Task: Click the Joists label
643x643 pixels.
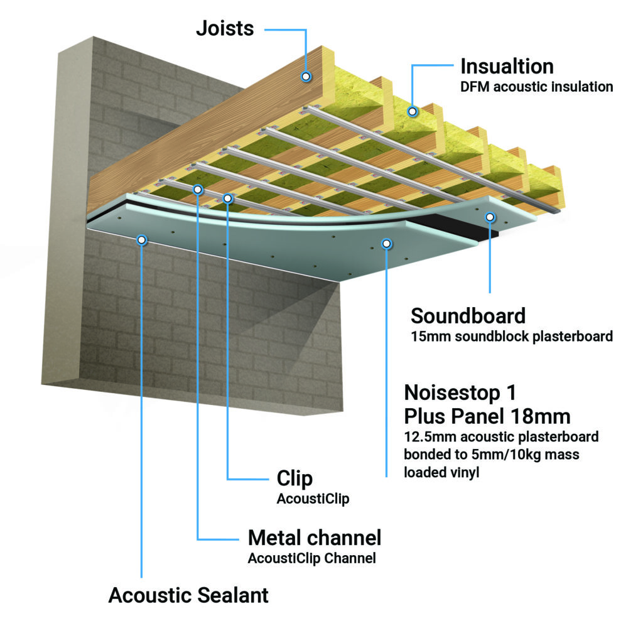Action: click(225, 28)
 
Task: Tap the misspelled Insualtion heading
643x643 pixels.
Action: click(507, 66)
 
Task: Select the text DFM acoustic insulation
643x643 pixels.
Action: click(536, 87)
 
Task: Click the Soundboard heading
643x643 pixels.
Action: click(468, 315)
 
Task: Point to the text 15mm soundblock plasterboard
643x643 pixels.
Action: click(511, 337)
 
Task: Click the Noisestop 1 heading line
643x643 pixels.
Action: click(460, 392)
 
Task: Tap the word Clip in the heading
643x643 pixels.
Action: click(294, 478)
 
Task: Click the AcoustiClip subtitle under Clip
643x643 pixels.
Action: click(313, 499)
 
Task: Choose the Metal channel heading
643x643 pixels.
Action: click(314, 538)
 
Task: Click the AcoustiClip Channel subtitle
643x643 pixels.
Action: click(311, 558)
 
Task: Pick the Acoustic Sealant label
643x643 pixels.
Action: click(188, 595)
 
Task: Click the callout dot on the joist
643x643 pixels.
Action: click(306, 77)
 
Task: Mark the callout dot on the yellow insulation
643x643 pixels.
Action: click(413, 112)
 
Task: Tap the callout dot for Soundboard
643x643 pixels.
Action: click(490, 217)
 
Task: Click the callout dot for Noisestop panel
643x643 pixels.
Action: click(387, 243)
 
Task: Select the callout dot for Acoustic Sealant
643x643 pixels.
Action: click(142, 239)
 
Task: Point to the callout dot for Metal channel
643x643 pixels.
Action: click(198, 188)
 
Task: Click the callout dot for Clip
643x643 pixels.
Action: click(228, 198)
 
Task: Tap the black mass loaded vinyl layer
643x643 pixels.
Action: click(477, 227)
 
